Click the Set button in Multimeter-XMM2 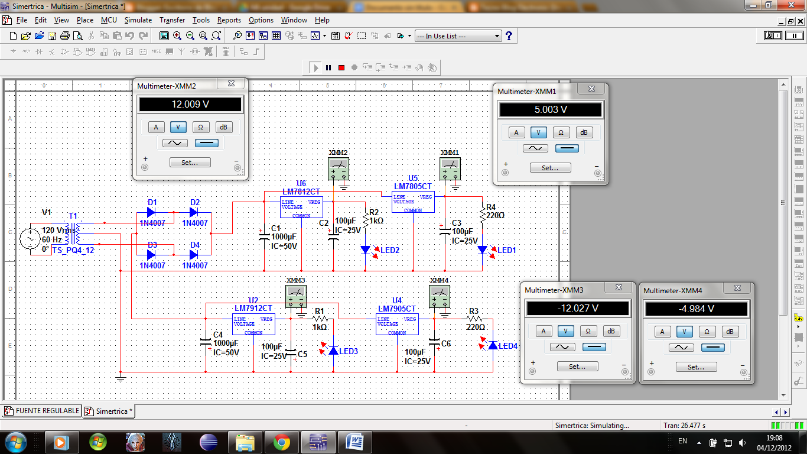pos(190,162)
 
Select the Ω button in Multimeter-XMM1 pos(561,132)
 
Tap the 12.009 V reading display pos(190,105)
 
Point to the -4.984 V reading pos(697,309)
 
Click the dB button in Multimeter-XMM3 pos(611,331)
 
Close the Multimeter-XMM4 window pos(737,288)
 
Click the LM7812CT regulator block pos(301,206)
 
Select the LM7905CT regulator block pos(397,324)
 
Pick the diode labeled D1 pos(151,212)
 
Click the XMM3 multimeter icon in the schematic pos(295,295)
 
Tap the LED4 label pos(508,346)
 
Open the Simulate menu pos(138,20)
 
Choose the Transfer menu pos(172,20)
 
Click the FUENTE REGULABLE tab pos(42,411)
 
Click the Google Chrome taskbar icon pos(281,442)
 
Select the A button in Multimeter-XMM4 pos(662,332)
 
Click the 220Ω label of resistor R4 pos(496,216)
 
